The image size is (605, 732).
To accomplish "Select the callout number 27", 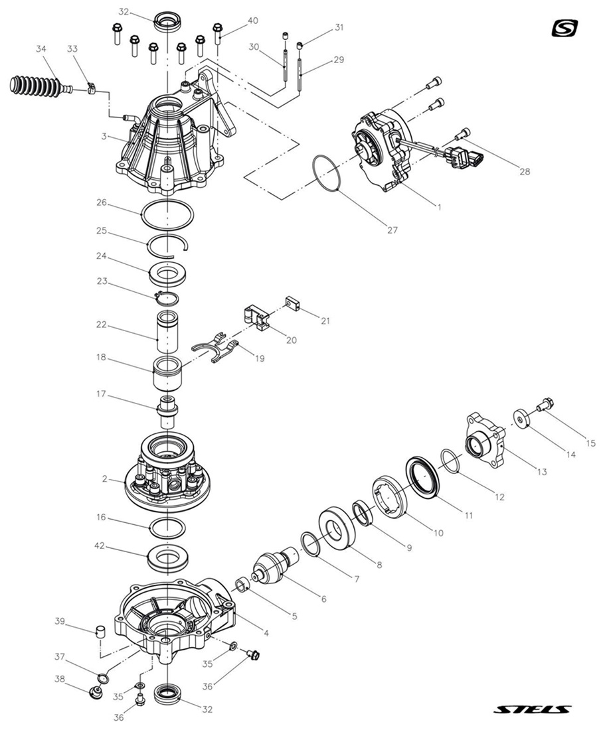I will (x=392, y=230).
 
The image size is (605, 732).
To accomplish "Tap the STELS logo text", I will (x=533, y=709).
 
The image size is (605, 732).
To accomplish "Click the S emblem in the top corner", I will (x=565, y=29).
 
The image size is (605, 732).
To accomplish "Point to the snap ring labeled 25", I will (x=169, y=243).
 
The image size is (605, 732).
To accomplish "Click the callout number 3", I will (x=104, y=135).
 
